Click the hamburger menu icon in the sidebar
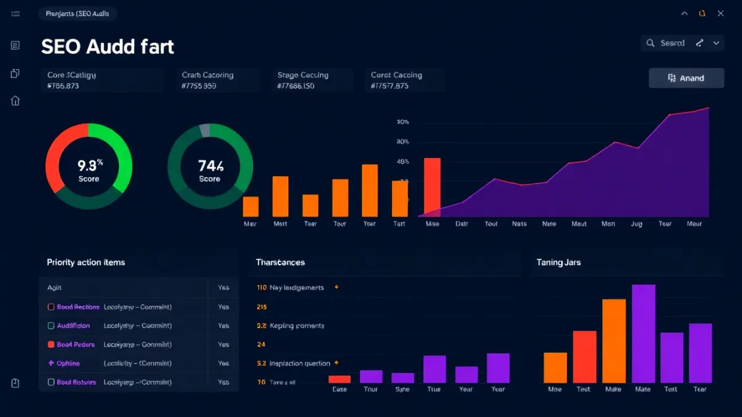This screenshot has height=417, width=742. pyautogui.click(x=15, y=14)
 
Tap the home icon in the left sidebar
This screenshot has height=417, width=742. pyautogui.click(x=15, y=101)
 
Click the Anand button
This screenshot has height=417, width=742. pyautogui.click(x=686, y=78)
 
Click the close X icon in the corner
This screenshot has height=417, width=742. pyautogui.click(x=720, y=14)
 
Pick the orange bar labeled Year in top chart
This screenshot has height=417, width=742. pyautogui.click(x=370, y=190)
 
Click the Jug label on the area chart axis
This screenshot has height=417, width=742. pyautogui.click(x=636, y=224)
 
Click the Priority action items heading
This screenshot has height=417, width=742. pyautogui.click(x=86, y=263)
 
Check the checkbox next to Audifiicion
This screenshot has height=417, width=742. pyautogui.click(x=51, y=326)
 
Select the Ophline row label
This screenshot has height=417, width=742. pyautogui.click(x=68, y=363)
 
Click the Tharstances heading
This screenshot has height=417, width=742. pyautogui.click(x=280, y=263)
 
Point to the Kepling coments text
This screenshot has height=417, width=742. pyautogui.click(x=297, y=326)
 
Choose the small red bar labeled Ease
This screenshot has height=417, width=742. pyautogui.click(x=339, y=379)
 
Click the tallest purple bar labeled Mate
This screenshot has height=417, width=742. pyautogui.click(x=643, y=334)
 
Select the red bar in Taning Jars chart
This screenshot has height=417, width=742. pyautogui.click(x=584, y=356)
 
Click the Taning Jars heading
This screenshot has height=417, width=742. pyautogui.click(x=558, y=263)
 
